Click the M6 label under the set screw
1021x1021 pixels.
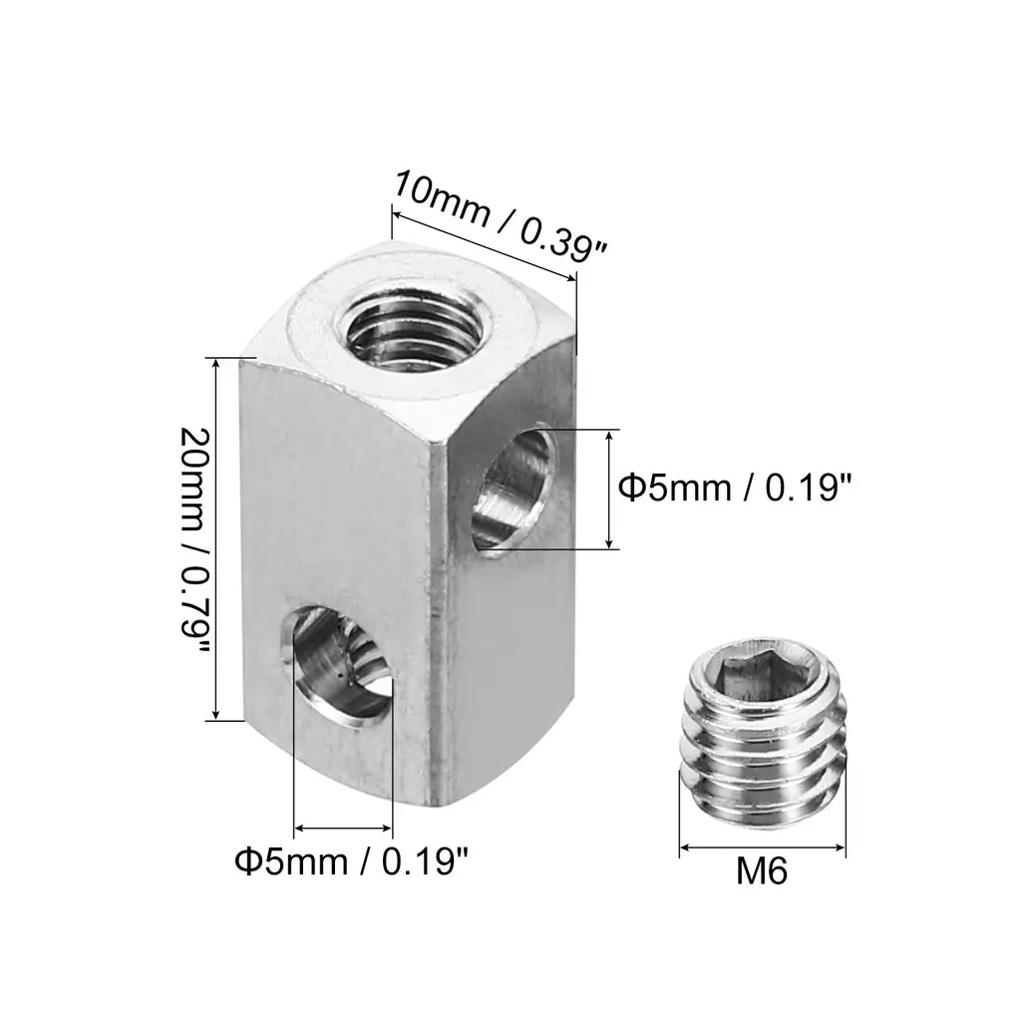[761, 871]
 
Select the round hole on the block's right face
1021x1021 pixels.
[515, 487]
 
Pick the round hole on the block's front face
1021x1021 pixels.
[337, 665]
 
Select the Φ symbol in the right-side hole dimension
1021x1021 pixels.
[629, 487]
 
